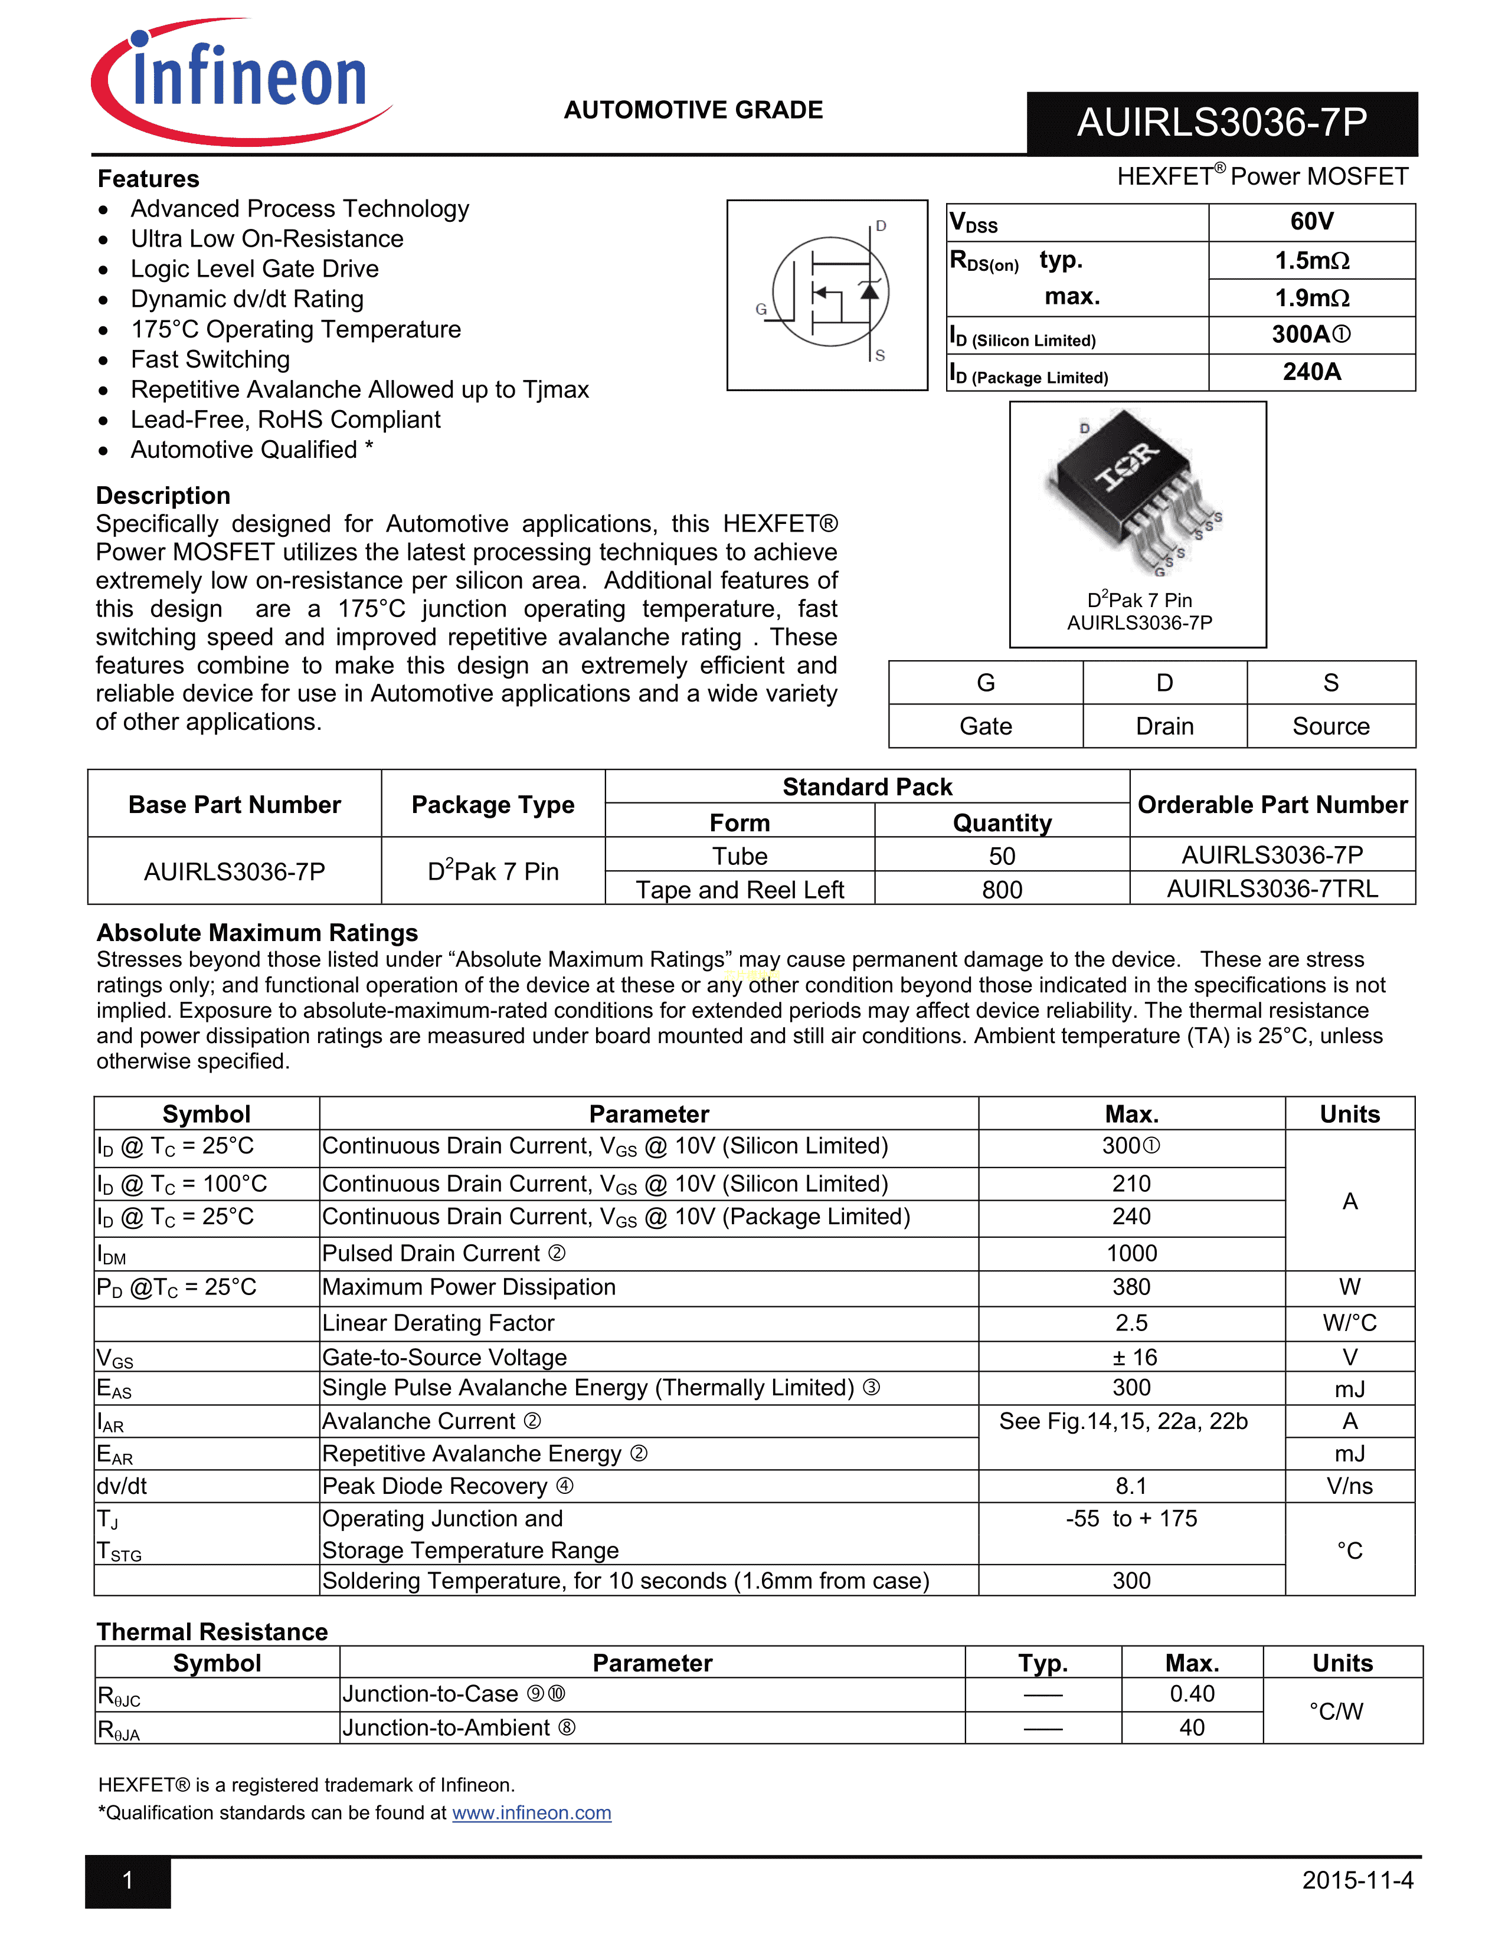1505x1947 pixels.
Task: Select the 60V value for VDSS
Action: pos(1311,222)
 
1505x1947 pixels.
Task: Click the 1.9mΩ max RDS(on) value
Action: pos(1311,298)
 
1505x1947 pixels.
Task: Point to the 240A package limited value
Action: pos(1311,372)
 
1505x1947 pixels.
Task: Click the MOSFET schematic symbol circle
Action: pos(830,291)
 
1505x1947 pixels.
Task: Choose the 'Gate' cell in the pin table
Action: pos(985,726)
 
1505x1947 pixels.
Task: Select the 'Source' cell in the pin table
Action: pos(1330,726)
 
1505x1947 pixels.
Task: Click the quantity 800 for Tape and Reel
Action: pos(1002,890)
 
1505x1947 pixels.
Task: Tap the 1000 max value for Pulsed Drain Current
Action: pos(1131,1253)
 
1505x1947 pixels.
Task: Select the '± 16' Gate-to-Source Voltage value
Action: pos(1131,1358)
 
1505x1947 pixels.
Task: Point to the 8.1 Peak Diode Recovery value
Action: pos(1131,1486)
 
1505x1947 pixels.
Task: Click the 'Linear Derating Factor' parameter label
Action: pos(438,1323)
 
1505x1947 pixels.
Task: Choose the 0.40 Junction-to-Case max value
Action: pos(1192,1694)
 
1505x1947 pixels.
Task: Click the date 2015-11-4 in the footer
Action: pos(1357,1880)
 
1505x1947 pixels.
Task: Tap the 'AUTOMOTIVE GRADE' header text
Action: pos(693,110)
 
